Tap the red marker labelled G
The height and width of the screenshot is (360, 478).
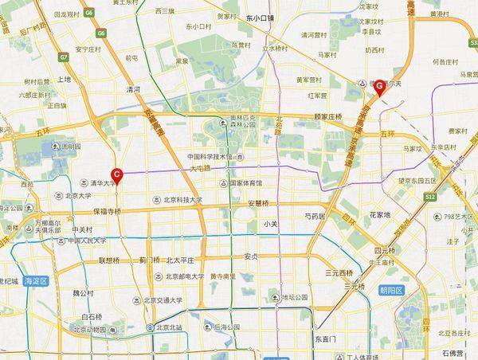click(x=380, y=85)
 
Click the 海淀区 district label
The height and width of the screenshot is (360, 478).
click(x=35, y=281)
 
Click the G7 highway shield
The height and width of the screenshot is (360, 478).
click(x=65, y=57)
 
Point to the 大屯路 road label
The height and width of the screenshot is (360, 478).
click(x=199, y=169)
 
